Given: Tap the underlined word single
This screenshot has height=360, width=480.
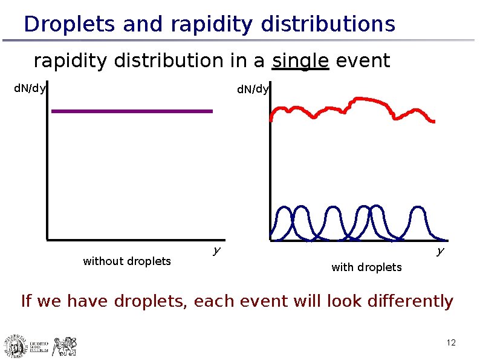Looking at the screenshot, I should pos(300,61).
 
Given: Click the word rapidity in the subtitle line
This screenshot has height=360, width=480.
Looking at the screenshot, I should pos(73,61).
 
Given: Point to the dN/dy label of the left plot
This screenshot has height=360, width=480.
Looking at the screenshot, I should pos(30,89).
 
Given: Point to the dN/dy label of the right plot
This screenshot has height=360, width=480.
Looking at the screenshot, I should pos(253,90).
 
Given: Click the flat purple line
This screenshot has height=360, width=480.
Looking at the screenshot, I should pos(132,111).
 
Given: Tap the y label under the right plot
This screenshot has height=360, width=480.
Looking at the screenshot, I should pos(441,250).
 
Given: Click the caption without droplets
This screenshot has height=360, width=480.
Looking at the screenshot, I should pos(127,261).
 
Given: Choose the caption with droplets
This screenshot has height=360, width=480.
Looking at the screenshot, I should pos(366,267).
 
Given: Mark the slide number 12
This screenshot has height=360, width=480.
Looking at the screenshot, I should pos(450,344).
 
